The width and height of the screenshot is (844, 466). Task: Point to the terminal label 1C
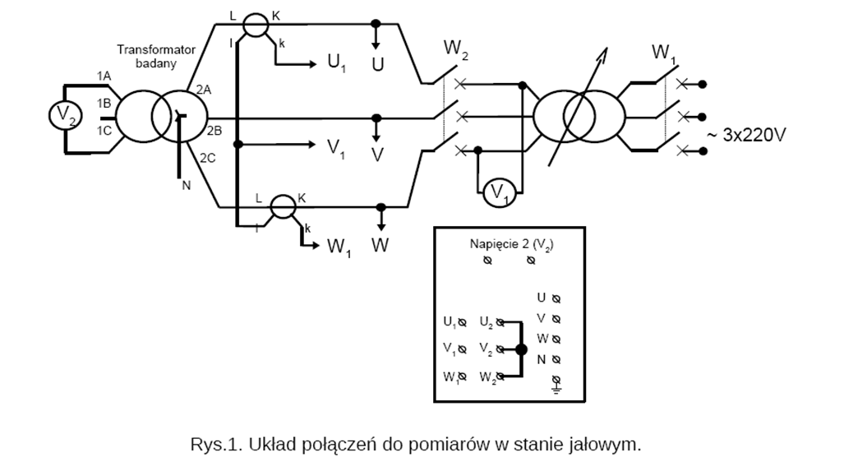(104, 131)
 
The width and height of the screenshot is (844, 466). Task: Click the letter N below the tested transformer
(186, 185)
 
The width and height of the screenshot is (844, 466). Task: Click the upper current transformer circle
(256, 25)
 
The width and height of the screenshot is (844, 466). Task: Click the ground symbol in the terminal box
(556, 381)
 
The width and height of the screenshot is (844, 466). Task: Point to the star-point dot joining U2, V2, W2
(520, 349)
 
